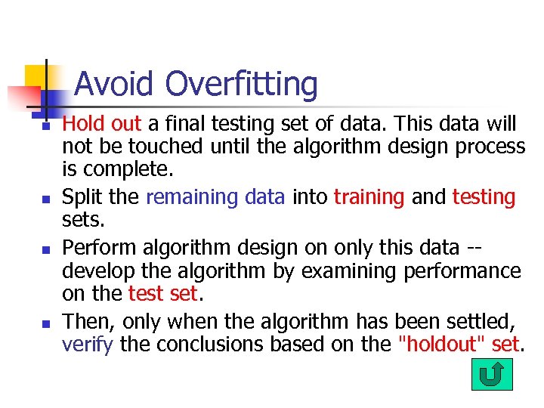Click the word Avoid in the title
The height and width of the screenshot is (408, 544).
tap(116, 84)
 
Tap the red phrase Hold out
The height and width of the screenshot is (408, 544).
tap(101, 123)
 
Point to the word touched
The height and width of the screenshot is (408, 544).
tap(167, 146)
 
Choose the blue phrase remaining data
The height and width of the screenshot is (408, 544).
tap(215, 197)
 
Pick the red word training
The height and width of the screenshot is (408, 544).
tap(369, 198)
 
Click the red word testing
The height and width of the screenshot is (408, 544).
tap(484, 198)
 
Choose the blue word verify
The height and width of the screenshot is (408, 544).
tap(87, 345)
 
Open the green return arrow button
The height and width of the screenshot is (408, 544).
tap(492, 375)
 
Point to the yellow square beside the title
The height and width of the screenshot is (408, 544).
tap(38, 76)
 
